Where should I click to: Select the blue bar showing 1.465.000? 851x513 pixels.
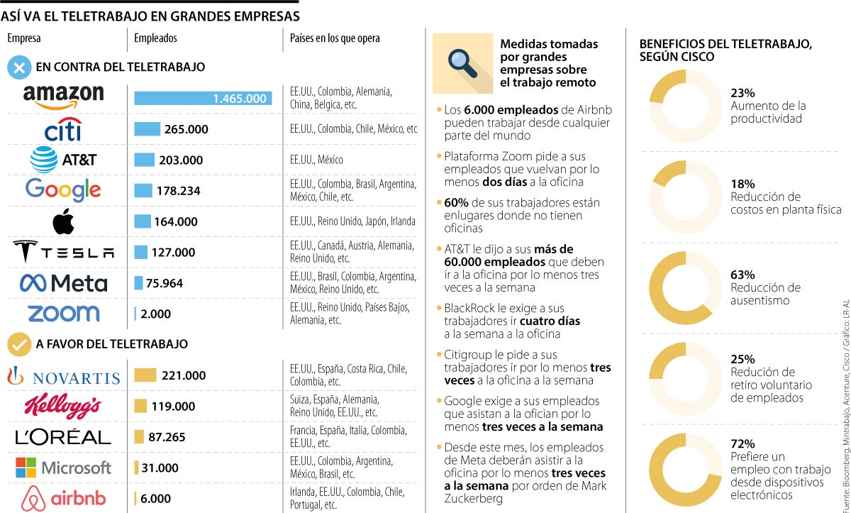(203, 99)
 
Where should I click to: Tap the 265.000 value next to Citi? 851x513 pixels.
(186, 129)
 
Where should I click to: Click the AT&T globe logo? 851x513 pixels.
(43, 160)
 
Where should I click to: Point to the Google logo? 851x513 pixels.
(63, 189)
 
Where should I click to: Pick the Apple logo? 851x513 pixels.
(63, 221)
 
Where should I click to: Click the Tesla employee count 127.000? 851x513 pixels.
(174, 252)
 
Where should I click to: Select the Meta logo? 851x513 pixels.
(63, 283)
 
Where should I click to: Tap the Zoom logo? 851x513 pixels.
(63, 313)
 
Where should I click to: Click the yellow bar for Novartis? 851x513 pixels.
(145, 375)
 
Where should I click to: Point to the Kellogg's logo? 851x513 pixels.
(63, 406)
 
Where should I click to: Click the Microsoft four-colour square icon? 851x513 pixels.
(26, 468)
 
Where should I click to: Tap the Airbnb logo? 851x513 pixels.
(63, 498)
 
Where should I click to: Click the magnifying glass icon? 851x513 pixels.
(462, 62)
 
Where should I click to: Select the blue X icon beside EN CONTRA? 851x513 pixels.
(19, 67)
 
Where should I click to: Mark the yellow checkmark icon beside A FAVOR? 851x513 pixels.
(19, 344)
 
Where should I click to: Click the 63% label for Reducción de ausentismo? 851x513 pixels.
(742, 275)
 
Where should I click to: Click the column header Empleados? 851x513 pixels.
(155, 38)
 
